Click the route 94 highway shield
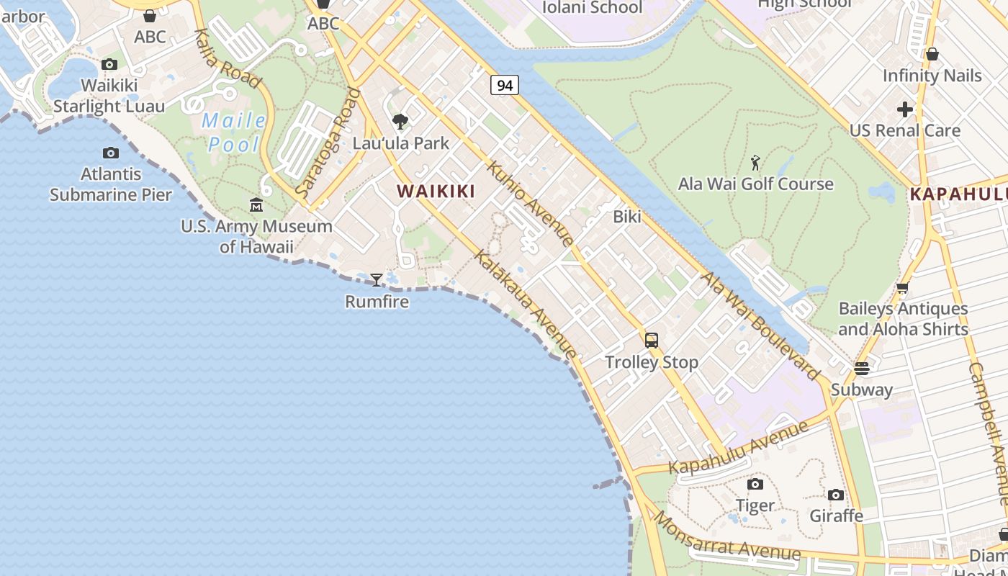click(x=505, y=85)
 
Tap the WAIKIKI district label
click(x=436, y=191)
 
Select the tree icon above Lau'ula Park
click(x=400, y=122)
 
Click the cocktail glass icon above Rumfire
click(x=376, y=279)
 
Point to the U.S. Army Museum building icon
click(x=256, y=205)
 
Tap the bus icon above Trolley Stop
click(x=652, y=341)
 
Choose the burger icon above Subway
click(x=862, y=369)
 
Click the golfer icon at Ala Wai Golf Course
click(x=755, y=163)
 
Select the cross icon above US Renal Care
click(x=905, y=109)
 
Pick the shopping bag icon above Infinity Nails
click(x=932, y=54)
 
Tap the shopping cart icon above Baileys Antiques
click(x=902, y=287)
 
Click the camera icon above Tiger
click(x=755, y=484)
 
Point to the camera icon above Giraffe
click(x=836, y=495)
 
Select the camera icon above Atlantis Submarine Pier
click(x=111, y=153)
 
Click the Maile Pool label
click(x=234, y=132)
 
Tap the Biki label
click(x=627, y=216)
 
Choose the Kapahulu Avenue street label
click(x=739, y=447)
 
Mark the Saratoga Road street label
click(x=328, y=143)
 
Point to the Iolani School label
click(x=591, y=7)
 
